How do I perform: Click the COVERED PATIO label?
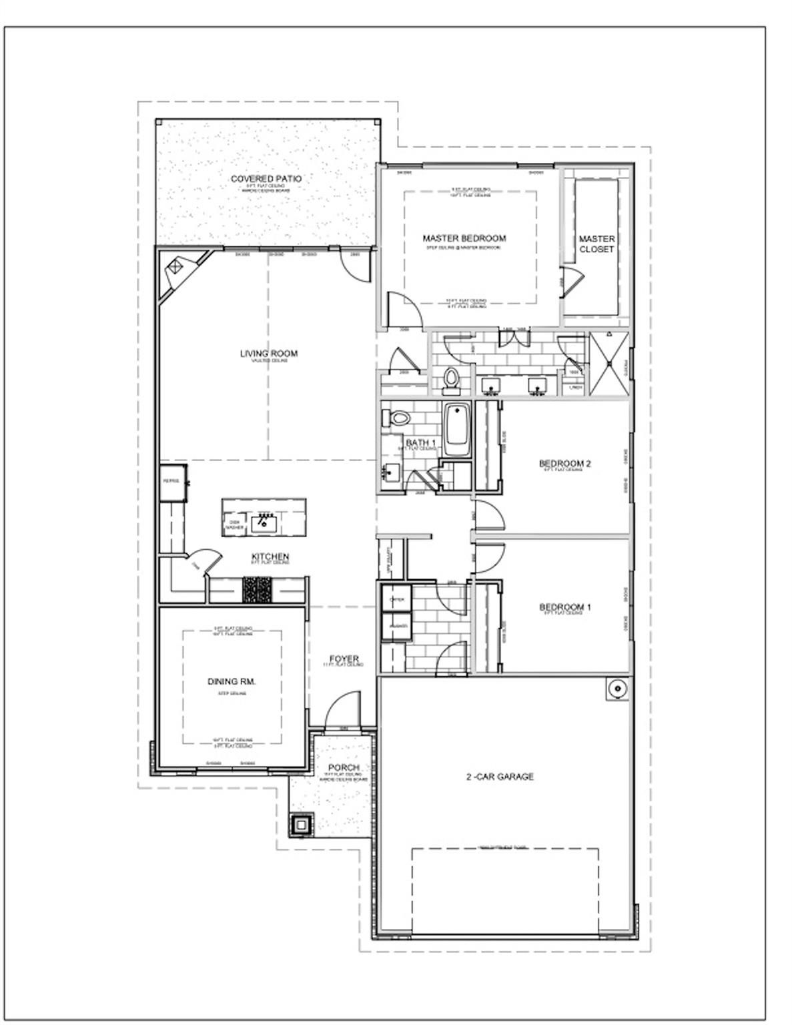pyautogui.click(x=266, y=179)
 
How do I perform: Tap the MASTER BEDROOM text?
pyautogui.click(x=464, y=238)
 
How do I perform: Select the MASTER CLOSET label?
pyautogui.click(x=597, y=244)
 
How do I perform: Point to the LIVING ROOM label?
pyautogui.click(x=269, y=354)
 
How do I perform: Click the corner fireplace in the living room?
pyautogui.click(x=175, y=267)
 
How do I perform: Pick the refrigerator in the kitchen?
pyautogui.click(x=173, y=482)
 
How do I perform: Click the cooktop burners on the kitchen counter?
pyautogui.click(x=256, y=589)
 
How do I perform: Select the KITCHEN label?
pyautogui.click(x=270, y=557)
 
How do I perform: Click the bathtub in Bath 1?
pyautogui.click(x=458, y=432)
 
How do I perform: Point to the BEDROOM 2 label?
pyautogui.click(x=564, y=464)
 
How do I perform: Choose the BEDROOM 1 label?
pyautogui.click(x=564, y=607)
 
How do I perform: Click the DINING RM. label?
pyautogui.click(x=232, y=681)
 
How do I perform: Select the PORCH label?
pyautogui.click(x=344, y=768)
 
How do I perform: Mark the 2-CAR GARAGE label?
pyautogui.click(x=499, y=777)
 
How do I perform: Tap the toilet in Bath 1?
pyautogui.click(x=398, y=419)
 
